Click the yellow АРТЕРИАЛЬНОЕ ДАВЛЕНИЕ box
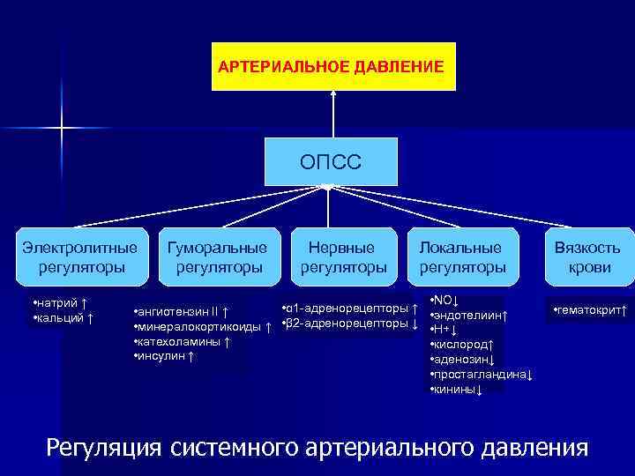tap(333, 67)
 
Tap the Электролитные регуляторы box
tap(81, 257)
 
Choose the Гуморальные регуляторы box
tap(216, 257)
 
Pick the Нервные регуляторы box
tap(344, 257)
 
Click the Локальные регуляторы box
tap(462, 257)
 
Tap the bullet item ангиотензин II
tap(181, 313)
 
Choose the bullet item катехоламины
tap(181, 341)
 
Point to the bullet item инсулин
tap(163, 355)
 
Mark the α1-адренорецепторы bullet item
tap(348, 309)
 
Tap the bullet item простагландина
tap(481, 374)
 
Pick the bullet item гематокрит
tap(589, 311)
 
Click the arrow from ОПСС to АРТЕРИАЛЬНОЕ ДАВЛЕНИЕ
tap(333, 114)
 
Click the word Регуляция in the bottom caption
tap(103, 447)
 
